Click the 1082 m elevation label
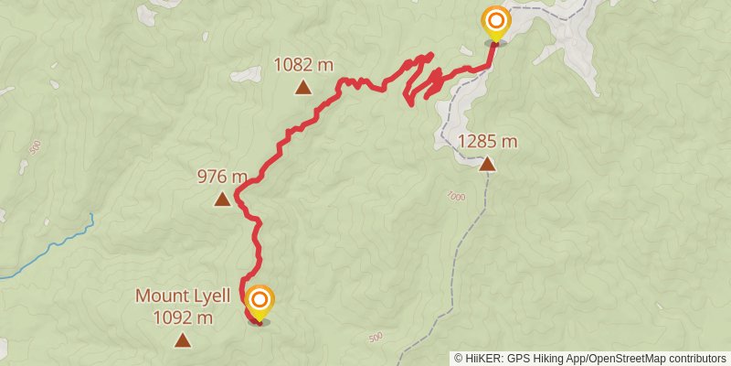tap(304, 65)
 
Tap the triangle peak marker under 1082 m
tap(304, 88)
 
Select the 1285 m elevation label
tap(487, 142)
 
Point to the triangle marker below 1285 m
tap(487, 165)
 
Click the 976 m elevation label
tap(222, 177)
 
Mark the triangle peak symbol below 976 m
tap(222, 199)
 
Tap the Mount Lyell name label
tap(183, 296)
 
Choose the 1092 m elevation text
tap(183, 318)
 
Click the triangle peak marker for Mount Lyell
tap(183, 341)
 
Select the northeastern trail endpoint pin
tap(496, 22)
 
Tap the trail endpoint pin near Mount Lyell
tap(260, 302)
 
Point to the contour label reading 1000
tap(458, 197)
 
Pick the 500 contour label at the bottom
tap(376, 338)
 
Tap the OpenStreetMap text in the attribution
tap(620, 358)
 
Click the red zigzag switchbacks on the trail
tap(422, 78)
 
